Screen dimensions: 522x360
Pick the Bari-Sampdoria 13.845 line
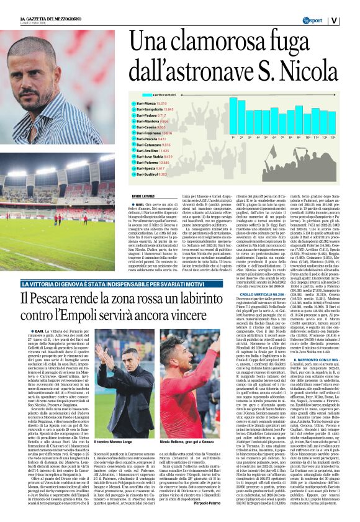(x=155, y=109)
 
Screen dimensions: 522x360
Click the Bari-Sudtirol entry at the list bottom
(x=152, y=174)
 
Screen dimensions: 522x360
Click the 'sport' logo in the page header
(x=315, y=20)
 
